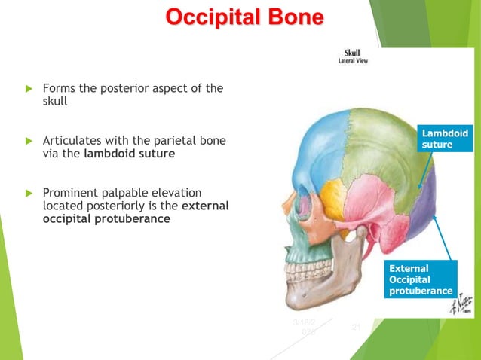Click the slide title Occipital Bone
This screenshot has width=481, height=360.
(245, 17)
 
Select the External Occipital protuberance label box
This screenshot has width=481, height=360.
(421, 279)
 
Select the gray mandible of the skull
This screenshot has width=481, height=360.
(332, 279)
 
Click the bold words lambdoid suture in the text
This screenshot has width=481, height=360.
(130, 154)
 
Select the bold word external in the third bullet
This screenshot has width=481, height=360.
(205, 206)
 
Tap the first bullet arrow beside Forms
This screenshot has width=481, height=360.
(30, 89)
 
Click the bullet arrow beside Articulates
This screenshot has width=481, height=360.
(30, 141)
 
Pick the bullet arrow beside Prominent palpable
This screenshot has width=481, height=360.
(30, 193)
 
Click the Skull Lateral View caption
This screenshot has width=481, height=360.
(351, 57)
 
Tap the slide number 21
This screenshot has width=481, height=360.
(357, 327)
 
